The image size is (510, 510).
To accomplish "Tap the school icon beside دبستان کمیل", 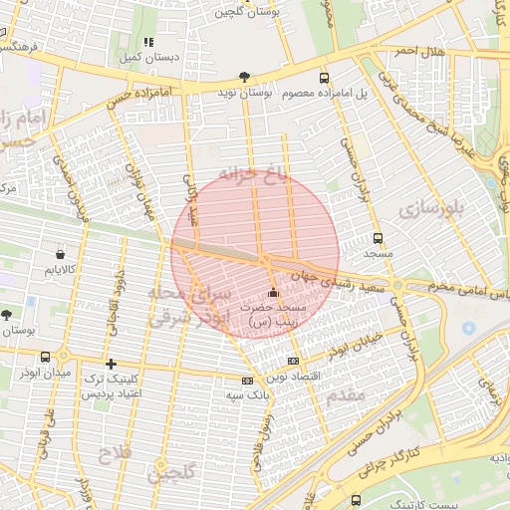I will [x=148, y=43].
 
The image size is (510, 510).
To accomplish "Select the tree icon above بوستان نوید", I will [x=244, y=77].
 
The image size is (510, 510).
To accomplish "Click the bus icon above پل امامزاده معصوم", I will [x=324, y=78].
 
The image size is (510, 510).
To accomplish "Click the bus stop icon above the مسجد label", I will [x=378, y=238].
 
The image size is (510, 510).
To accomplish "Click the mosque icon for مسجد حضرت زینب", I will [x=274, y=293].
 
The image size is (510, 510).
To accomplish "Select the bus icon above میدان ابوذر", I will [x=45, y=357].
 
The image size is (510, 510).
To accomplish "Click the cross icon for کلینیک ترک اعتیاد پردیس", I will [x=111, y=364].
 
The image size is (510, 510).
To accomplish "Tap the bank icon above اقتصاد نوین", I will [x=292, y=361].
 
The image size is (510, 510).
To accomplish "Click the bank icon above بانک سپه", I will [x=247, y=381].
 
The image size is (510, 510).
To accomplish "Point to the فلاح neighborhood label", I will [x=111, y=456].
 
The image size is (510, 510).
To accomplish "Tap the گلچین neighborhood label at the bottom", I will [x=170, y=473].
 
